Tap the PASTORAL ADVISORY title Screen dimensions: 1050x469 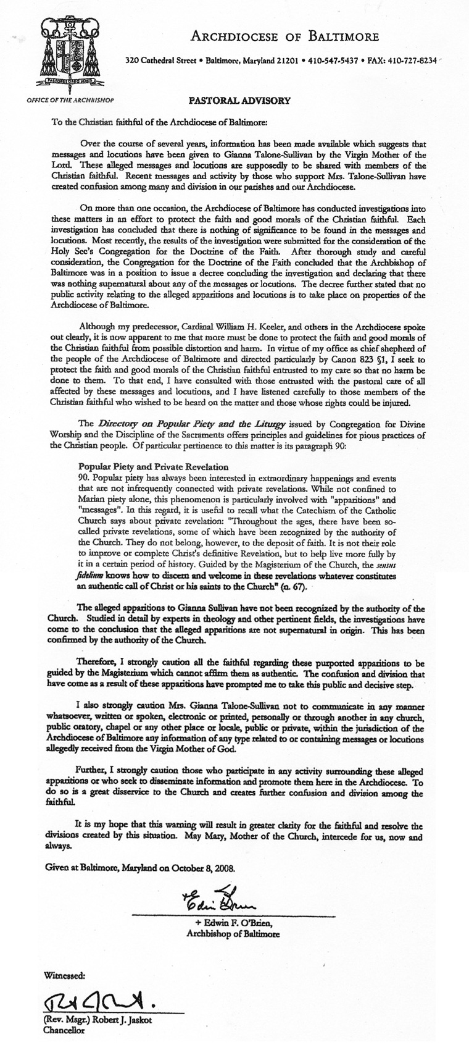pyautogui.click(x=231, y=99)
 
